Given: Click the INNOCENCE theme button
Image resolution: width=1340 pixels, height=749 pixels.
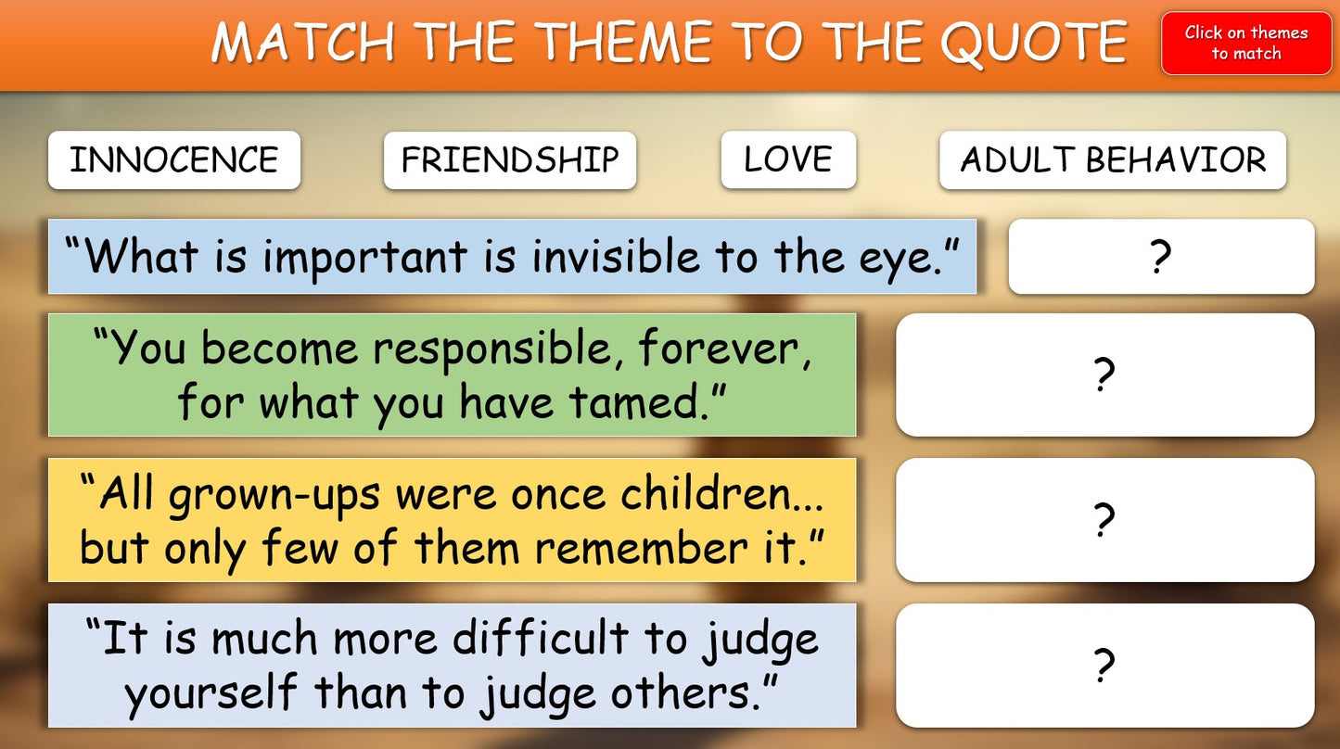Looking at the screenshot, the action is click(x=174, y=160).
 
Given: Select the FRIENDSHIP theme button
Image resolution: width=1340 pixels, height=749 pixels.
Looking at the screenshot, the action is click(x=510, y=160).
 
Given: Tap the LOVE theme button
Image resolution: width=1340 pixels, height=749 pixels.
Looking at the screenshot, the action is click(x=788, y=159).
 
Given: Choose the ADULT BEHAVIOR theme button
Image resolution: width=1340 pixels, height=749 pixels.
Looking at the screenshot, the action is click(x=1113, y=160).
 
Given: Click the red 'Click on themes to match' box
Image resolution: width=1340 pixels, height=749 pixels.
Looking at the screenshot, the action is click(x=1246, y=43).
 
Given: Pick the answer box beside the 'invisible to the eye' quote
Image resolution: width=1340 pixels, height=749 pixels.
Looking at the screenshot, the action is click(x=1161, y=257).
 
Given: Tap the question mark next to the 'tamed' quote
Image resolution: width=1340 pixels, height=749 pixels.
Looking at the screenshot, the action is click(x=1104, y=374).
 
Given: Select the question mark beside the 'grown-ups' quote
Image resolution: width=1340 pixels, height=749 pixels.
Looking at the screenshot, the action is click(x=1104, y=519).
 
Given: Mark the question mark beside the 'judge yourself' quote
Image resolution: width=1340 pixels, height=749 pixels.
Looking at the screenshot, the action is click(x=1104, y=665).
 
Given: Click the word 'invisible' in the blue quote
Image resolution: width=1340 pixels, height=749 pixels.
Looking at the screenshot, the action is click(x=616, y=257).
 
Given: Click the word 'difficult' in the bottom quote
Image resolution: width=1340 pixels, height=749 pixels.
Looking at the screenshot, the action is click(x=541, y=637).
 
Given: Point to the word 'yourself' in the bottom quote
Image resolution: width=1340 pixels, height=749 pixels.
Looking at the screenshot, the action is click(x=211, y=693).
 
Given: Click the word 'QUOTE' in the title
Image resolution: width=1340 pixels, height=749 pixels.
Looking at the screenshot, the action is click(x=1034, y=43).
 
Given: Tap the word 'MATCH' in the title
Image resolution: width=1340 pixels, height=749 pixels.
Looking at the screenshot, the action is click(x=302, y=42).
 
